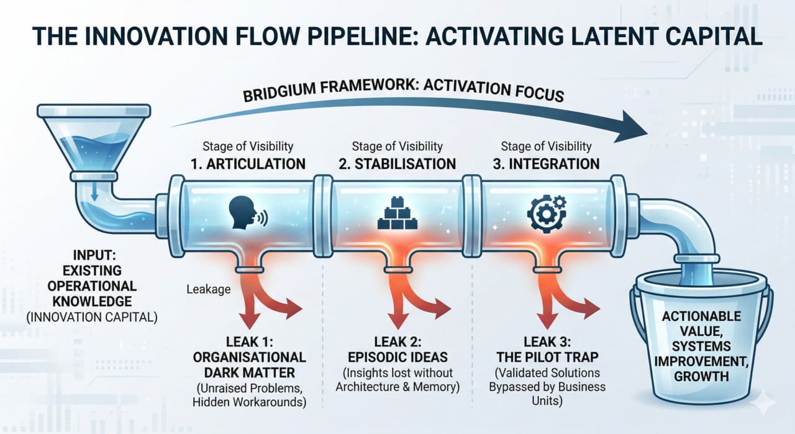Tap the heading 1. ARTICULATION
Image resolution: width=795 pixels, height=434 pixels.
248,164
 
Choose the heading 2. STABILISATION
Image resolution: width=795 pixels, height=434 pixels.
397,164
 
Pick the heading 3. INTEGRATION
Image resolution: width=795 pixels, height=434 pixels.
546,164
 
